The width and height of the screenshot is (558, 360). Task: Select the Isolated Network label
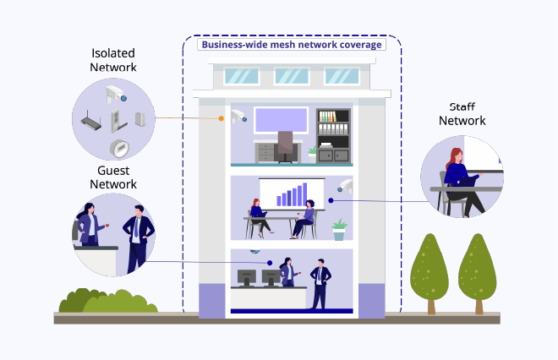coord(113,61)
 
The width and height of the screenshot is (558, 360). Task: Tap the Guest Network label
coord(113,177)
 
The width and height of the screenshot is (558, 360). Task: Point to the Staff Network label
coord(462,114)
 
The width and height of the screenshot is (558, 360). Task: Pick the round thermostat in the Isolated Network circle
coord(121,150)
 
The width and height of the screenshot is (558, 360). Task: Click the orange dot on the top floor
coord(222,119)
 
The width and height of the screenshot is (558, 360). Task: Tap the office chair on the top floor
coord(286,147)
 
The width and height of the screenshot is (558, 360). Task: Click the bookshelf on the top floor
coord(332,135)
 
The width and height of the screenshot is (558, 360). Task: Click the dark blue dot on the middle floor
coord(331,200)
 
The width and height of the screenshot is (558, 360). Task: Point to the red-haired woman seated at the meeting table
coord(255,215)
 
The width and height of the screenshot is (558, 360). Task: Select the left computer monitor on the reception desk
coord(247,276)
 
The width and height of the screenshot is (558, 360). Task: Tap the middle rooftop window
coord(290,76)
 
